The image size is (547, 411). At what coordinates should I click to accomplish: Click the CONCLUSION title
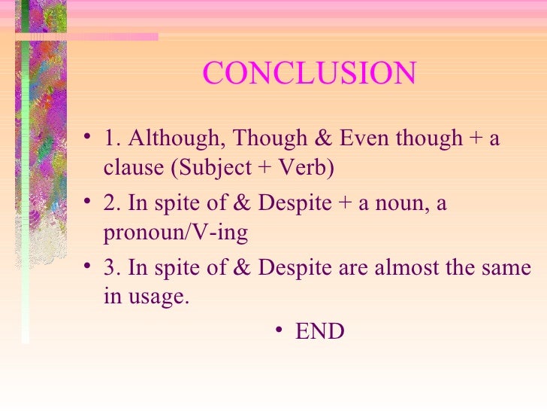click(x=309, y=74)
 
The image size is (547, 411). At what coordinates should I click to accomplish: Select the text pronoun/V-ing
click(x=175, y=233)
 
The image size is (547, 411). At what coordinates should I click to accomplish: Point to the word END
click(x=320, y=331)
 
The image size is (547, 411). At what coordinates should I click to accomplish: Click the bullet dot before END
click(x=280, y=329)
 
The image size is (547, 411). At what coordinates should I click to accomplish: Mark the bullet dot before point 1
click(x=88, y=137)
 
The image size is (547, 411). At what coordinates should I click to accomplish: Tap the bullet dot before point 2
click(x=88, y=201)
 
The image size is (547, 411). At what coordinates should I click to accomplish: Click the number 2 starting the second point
click(x=110, y=203)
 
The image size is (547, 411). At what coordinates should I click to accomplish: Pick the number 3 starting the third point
click(x=110, y=267)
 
